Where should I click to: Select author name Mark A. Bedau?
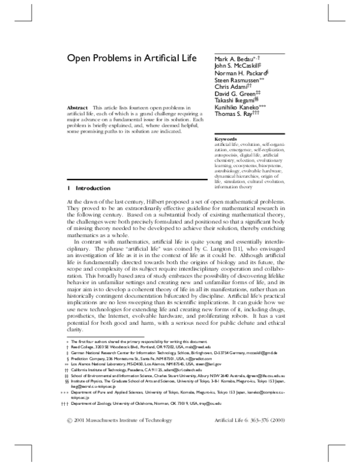[234, 59]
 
